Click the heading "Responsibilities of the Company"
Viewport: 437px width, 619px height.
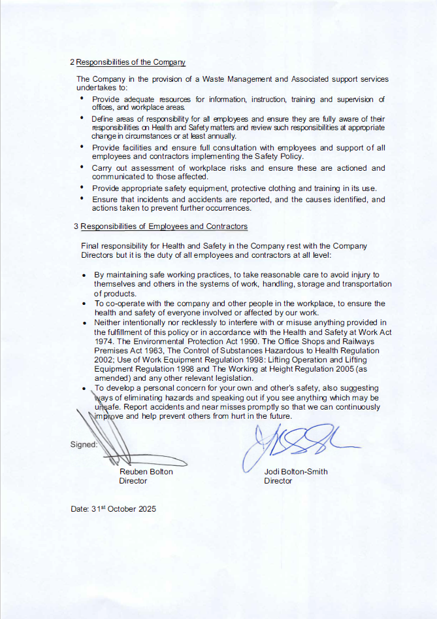131,62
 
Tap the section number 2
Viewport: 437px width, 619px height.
72,62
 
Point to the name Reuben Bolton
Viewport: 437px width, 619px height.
146,471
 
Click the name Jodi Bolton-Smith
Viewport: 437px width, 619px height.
296,471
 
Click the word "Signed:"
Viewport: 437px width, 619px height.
84,444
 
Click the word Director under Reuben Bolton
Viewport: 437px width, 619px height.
133,480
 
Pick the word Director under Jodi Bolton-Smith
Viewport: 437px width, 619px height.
278,480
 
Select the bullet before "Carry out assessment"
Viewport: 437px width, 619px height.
82,168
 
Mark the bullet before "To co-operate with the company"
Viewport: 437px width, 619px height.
86,304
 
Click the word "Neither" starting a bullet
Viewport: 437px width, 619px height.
108,322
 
